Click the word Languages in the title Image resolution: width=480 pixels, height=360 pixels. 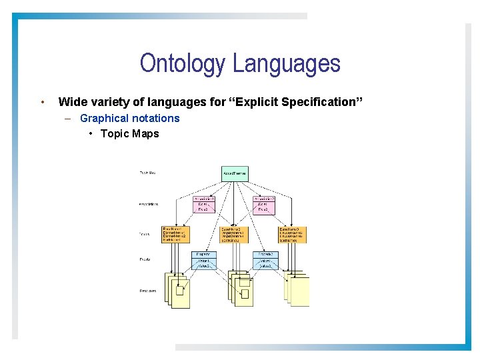[x=287, y=64]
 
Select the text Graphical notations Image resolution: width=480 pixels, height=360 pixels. [x=129, y=118]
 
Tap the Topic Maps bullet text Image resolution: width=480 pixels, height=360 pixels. [x=129, y=133]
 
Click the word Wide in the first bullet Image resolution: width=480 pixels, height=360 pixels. [x=71, y=102]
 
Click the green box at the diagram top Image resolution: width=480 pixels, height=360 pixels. [x=235, y=173]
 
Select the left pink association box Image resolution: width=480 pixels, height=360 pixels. [x=205, y=205]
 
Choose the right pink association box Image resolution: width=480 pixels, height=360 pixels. [x=264, y=205]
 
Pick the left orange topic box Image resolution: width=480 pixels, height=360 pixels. [x=175, y=234]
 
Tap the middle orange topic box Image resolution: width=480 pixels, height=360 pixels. [x=234, y=234]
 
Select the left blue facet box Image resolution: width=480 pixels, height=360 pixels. [x=204, y=260]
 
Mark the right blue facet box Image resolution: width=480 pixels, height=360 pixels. [x=265, y=260]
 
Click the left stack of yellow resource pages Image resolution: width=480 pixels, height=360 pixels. [x=177, y=289]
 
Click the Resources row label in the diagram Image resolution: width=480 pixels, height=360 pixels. [x=148, y=291]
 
